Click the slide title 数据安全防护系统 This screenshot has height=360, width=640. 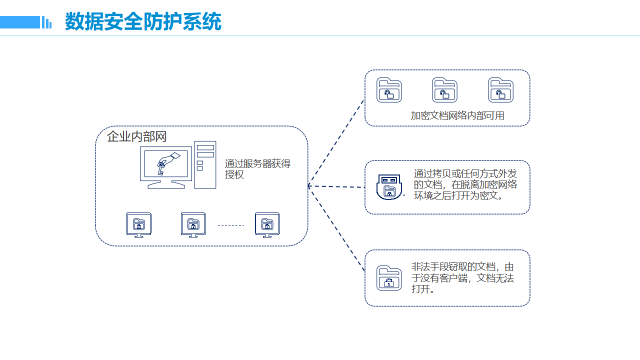(x=143, y=22)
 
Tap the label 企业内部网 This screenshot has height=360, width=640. (x=136, y=136)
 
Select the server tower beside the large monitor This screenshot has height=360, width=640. (x=205, y=164)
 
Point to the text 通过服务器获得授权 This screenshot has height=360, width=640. (x=257, y=169)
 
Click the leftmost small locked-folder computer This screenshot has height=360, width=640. (x=138, y=224)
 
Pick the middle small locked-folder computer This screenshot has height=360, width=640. (x=193, y=224)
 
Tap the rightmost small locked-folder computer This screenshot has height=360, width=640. (x=267, y=224)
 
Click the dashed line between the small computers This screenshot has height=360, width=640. (x=230, y=225)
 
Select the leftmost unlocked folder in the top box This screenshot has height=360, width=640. (x=389, y=90)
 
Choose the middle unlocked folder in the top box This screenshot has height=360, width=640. (x=444, y=90)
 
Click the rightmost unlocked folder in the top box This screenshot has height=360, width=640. (x=500, y=90)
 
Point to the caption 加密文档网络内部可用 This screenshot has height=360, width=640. (x=457, y=115)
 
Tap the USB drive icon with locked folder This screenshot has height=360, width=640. (x=389, y=187)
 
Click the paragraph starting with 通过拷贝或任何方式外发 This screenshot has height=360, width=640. (x=465, y=184)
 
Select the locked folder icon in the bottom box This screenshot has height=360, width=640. (x=389, y=278)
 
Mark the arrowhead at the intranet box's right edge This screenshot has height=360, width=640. (x=309, y=186)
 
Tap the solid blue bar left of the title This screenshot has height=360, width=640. (x=19, y=22)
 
